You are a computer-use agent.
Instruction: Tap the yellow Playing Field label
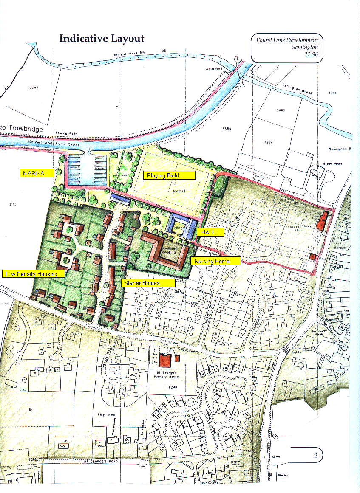[x=169, y=175]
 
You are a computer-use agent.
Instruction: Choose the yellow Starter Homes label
[x=148, y=282]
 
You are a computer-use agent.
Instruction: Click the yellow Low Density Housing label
[x=34, y=274]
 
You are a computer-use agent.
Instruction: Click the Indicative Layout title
[x=102, y=39]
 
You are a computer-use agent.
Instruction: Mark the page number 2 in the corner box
[x=316, y=456]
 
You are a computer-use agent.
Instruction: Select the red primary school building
[x=165, y=360]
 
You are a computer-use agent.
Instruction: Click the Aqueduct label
[x=214, y=68]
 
